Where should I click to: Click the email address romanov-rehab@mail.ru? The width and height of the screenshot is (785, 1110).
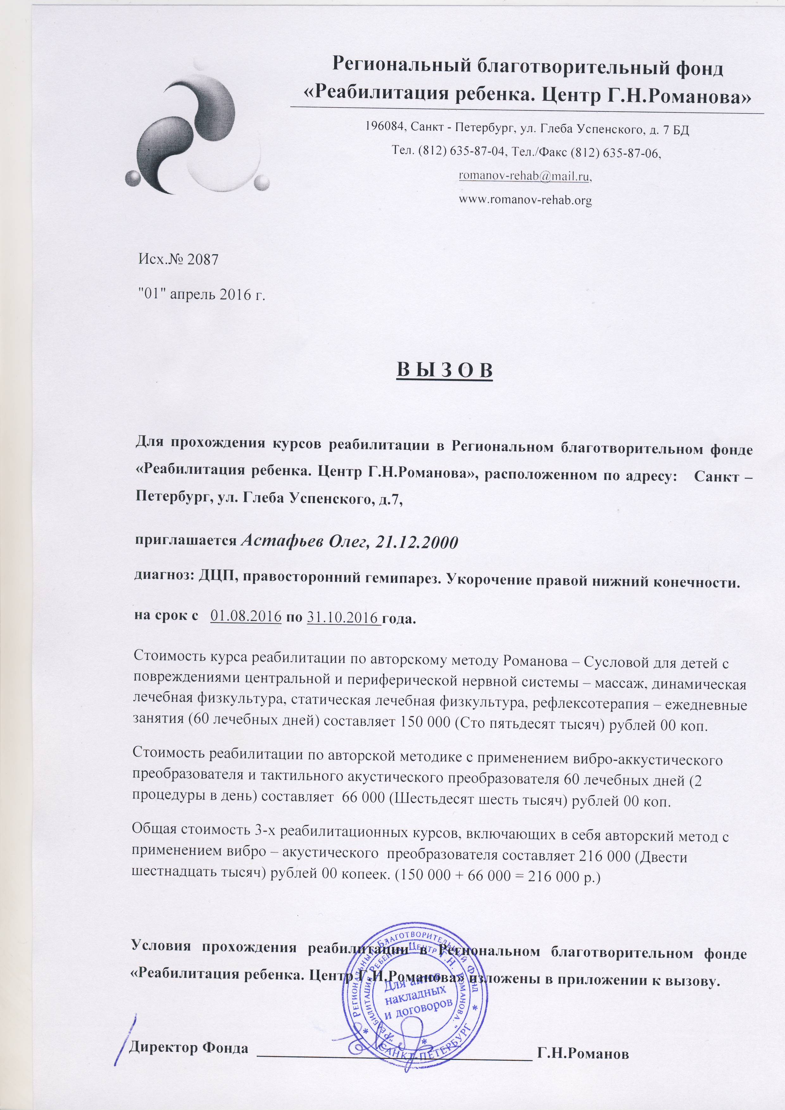(x=525, y=177)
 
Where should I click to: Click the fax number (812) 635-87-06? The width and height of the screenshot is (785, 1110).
(x=615, y=153)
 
